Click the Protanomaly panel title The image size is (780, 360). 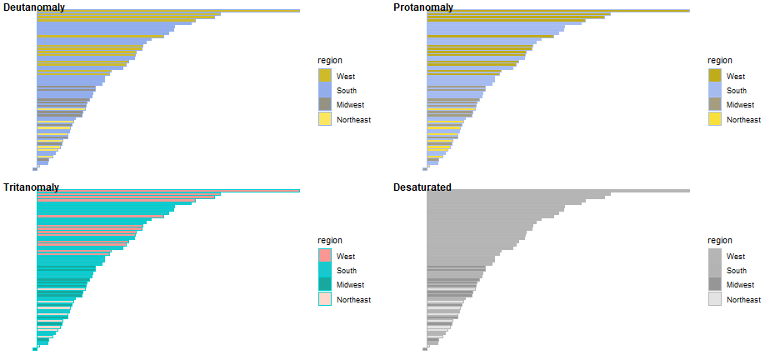(x=423, y=7)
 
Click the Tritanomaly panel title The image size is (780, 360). (x=31, y=187)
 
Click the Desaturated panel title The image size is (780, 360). (x=422, y=187)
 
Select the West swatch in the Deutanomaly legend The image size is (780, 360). (x=325, y=76)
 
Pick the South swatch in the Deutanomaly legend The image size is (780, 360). (x=325, y=90)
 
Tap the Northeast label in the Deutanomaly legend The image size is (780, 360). (x=353, y=119)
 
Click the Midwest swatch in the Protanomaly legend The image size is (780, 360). (x=715, y=105)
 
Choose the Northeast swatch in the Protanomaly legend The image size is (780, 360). (x=715, y=119)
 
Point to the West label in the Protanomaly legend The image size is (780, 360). (x=736, y=76)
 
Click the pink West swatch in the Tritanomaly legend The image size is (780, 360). (x=325, y=256)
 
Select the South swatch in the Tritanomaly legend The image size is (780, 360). (x=325, y=270)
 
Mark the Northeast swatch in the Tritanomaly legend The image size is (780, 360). (x=325, y=299)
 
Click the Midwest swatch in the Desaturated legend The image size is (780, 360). (x=715, y=285)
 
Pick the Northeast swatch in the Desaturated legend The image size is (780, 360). (x=715, y=299)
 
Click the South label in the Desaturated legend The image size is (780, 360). (x=737, y=271)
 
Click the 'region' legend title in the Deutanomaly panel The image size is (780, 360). (x=330, y=60)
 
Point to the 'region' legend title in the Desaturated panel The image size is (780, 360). (x=720, y=240)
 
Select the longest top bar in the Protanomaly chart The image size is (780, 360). (x=558, y=11)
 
